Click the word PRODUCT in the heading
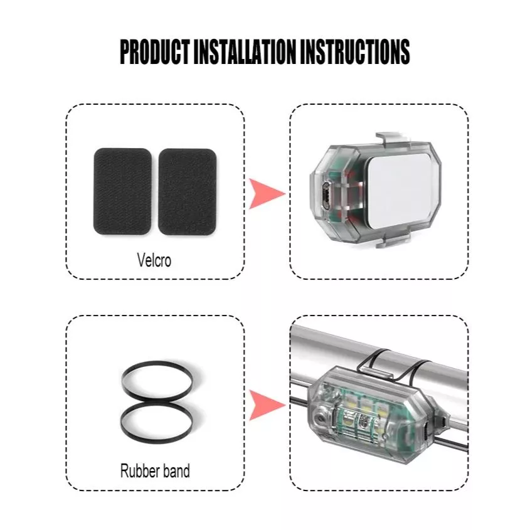(154, 51)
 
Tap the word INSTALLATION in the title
(245, 51)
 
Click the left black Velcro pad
(122, 191)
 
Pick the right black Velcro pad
(188, 192)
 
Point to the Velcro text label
(154, 260)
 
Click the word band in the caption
(174, 471)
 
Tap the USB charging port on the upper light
(326, 196)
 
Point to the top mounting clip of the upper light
(393, 139)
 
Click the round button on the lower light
(319, 418)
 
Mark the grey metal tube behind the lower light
(379, 358)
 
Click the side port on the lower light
(426, 428)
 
